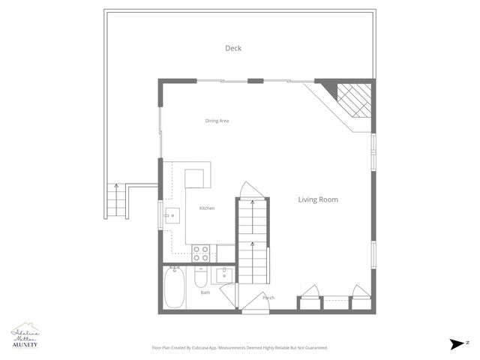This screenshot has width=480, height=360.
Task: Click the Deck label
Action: point(233,49)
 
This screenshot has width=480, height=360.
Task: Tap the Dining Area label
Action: point(217,121)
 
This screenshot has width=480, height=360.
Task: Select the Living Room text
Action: point(318,199)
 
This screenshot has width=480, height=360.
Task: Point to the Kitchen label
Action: point(207,208)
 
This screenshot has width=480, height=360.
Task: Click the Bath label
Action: point(205,292)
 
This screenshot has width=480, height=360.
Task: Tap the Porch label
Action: point(268,298)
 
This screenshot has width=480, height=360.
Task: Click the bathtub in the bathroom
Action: point(174,289)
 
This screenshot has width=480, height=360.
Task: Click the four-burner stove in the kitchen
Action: point(200,253)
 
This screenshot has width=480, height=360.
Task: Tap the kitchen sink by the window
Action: point(172,215)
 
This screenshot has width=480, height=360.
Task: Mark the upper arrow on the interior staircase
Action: point(252,205)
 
